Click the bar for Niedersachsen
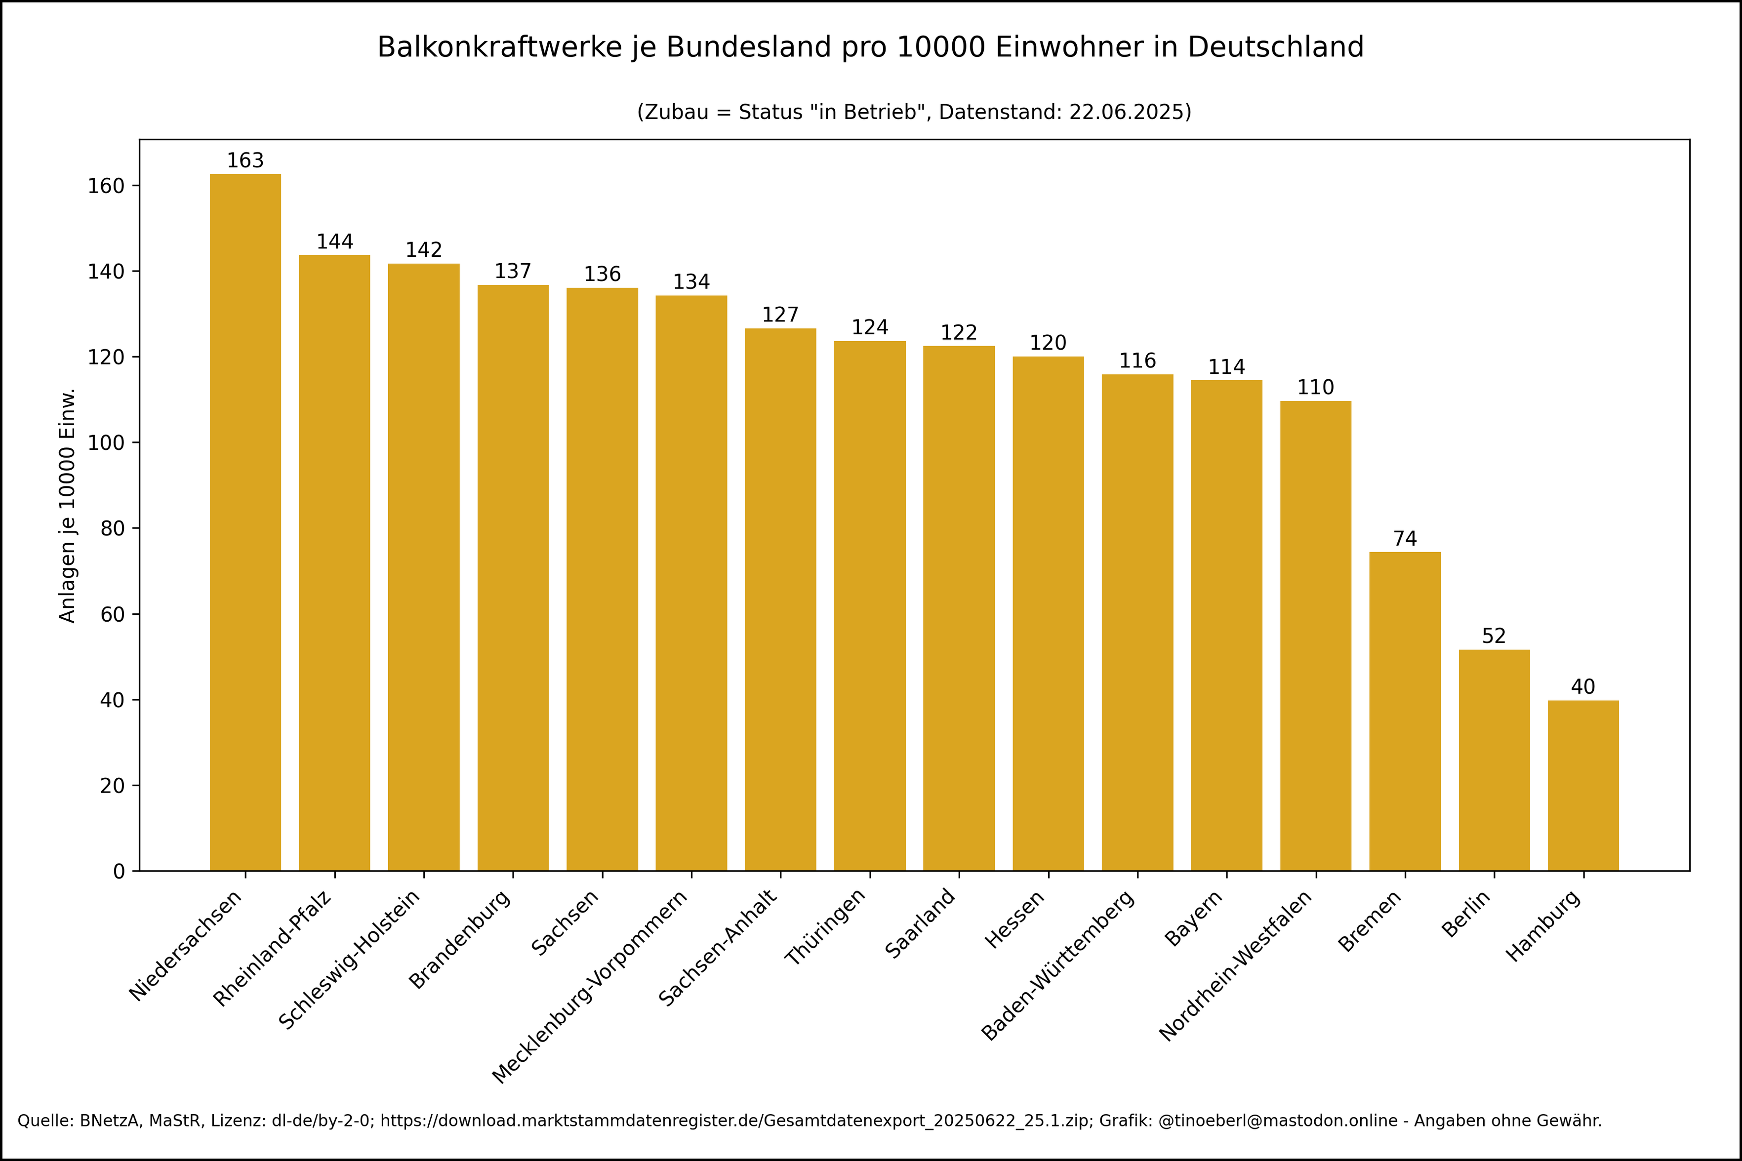pyautogui.click(x=245, y=522)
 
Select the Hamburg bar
pyautogui.click(x=1583, y=785)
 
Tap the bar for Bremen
pyautogui.click(x=1404, y=711)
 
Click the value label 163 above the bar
pyautogui.click(x=245, y=160)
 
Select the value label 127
pyautogui.click(x=780, y=315)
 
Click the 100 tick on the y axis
pyautogui.click(x=105, y=443)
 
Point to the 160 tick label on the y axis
pyautogui.click(x=105, y=186)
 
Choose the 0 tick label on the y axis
pyautogui.click(x=119, y=872)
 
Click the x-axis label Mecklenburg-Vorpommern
pyautogui.click(x=590, y=986)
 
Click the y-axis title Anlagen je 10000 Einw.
pyautogui.click(x=67, y=505)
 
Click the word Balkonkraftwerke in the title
pyautogui.click(x=500, y=47)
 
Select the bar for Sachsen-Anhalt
pyautogui.click(x=780, y=600)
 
